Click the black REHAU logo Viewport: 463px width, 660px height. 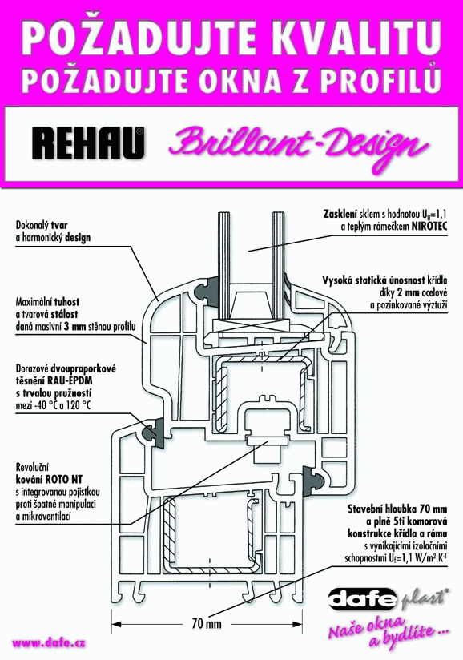pyautogui.click(x=87, y=143)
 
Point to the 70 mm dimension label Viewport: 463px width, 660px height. pyautogui.click(x=206, y=623)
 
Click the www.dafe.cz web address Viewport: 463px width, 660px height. pyautogui.click(x=49, y=642)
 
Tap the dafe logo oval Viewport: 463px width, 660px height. pyautogui.click(x=362, y=598)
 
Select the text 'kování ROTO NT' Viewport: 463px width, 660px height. pyautogui.click(x=49, y=480)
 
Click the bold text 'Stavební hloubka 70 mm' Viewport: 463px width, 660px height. pyautogui.click(x=397, y=509)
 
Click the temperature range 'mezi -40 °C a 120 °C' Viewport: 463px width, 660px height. pyautogui.click(x=54, y=406)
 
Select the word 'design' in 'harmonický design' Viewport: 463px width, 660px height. pyautogui.click(x=78, y=238)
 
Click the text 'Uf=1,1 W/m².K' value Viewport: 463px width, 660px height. pyautogui.click(x=415, y=558)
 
